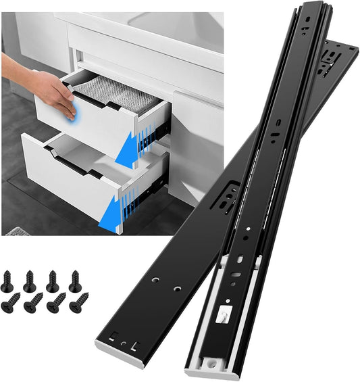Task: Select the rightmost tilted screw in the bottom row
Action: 79,301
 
